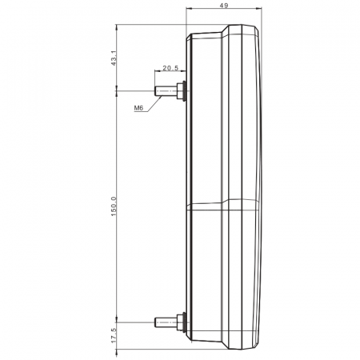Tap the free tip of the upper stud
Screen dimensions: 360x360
pos(155,91)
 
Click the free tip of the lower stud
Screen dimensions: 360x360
pos(155,322)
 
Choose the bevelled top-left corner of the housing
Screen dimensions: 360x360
pos(188,33)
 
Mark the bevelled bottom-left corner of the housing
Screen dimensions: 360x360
pos(189,346)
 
